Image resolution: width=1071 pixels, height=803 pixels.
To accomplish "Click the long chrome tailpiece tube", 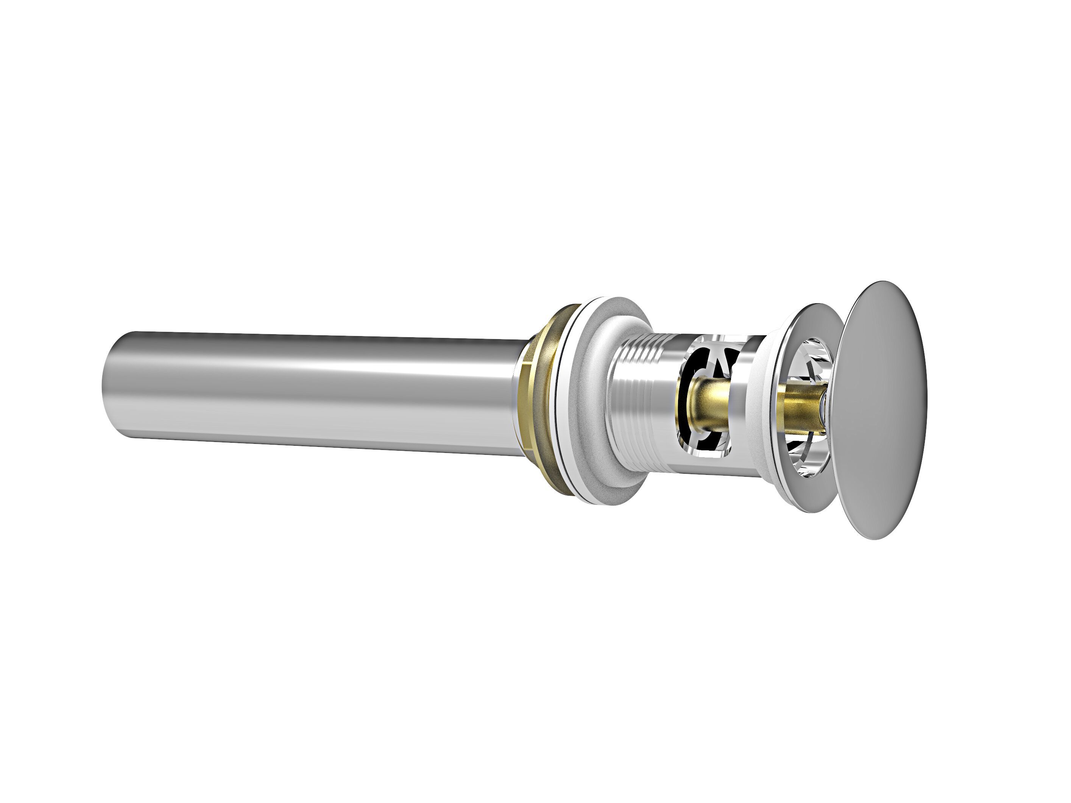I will click(315, 392).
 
